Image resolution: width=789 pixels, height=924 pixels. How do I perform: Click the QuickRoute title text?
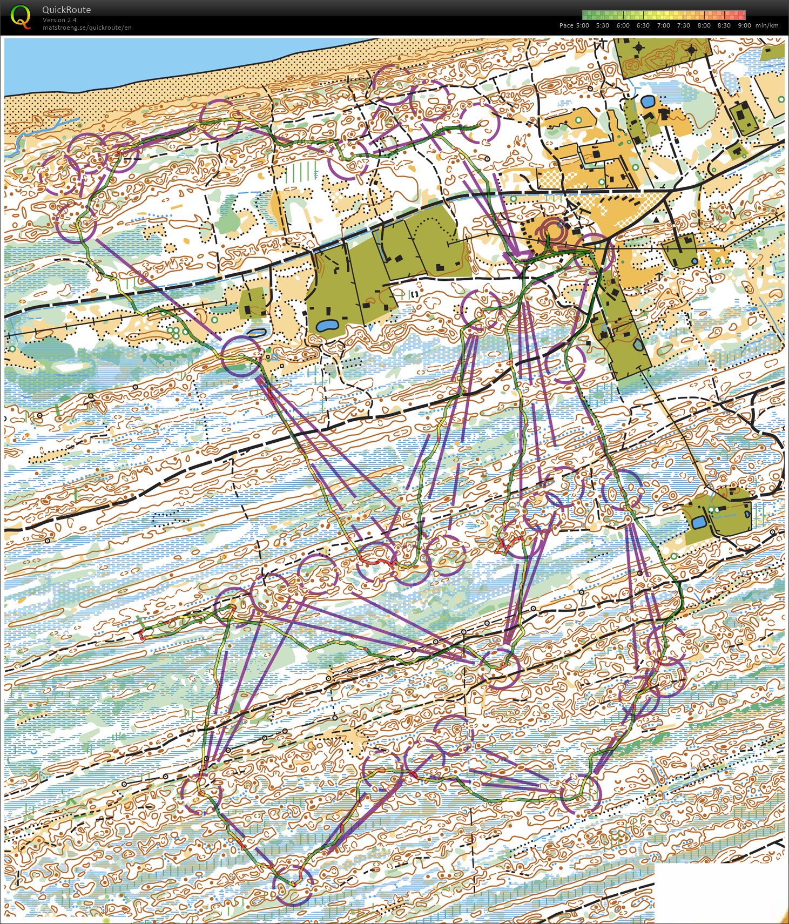66,10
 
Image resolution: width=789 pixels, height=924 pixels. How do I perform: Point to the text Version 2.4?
59,20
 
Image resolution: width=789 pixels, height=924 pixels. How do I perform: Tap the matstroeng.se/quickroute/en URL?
87,28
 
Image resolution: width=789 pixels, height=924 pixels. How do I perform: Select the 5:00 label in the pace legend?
582,25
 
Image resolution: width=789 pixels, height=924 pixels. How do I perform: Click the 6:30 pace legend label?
643,25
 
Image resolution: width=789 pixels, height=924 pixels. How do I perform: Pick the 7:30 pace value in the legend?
683,25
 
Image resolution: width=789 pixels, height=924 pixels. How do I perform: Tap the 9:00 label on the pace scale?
744,25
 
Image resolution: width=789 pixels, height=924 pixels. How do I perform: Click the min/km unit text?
767,25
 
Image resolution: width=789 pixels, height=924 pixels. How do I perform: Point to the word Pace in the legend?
566,25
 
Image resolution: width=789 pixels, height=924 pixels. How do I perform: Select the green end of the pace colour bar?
586,15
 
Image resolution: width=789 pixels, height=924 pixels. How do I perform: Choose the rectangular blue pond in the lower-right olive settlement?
698,522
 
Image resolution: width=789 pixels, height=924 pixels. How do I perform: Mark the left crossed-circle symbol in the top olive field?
640,49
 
